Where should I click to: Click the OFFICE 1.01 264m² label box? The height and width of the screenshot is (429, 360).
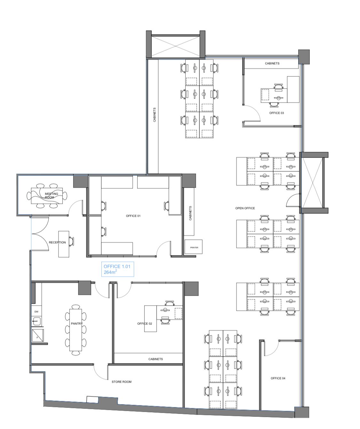point(117,269)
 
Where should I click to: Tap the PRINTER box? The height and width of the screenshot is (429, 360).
point(193,247)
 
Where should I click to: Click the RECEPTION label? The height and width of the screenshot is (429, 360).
point(57,242)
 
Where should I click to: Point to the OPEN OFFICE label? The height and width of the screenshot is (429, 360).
point(245,208)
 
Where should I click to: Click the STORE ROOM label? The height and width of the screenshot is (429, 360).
point(121,382)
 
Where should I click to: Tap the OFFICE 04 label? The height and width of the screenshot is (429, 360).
point(278,378)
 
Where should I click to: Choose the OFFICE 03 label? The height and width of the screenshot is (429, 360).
point(276,113)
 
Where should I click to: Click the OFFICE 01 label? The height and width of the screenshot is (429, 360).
point(133,216)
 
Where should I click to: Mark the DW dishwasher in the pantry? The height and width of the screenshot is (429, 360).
point(36,312)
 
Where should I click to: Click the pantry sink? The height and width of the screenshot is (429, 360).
point(36,321)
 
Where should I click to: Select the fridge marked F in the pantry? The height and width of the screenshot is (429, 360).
point(38,336)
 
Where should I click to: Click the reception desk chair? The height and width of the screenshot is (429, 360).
point(71,241)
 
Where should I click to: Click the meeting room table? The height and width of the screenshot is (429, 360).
point(47,196)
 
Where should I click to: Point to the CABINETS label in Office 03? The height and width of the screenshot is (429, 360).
point(272,64)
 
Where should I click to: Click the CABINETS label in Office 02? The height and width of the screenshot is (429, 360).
point(156,359)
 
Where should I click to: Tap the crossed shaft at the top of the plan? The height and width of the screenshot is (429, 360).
point(175,46)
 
